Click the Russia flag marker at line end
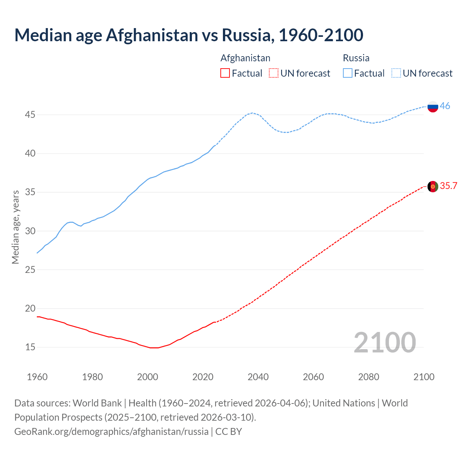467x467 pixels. (433, 107)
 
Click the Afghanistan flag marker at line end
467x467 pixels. (433, 186)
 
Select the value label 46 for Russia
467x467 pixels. (445, 106)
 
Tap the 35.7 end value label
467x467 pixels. (448, 186)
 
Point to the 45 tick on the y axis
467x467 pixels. (30, 115)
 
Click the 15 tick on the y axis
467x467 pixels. (30, 347)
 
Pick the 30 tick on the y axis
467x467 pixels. (30, 231)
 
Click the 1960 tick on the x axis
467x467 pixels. (37, 377)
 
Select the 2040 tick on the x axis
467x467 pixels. (258, 377)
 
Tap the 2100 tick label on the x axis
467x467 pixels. (424, 377)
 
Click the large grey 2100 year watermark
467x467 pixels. (385, 342)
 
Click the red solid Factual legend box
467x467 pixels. (225, 73)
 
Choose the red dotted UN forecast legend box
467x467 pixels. (274, 73)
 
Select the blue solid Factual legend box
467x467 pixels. (348, 73)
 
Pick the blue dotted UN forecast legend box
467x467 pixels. (396, 73)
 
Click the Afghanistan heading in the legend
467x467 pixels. (245, 58)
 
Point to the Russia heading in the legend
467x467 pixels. (356, 58)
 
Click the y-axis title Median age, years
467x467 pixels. (15, 227)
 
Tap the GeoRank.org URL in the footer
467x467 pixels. (111, 431)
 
